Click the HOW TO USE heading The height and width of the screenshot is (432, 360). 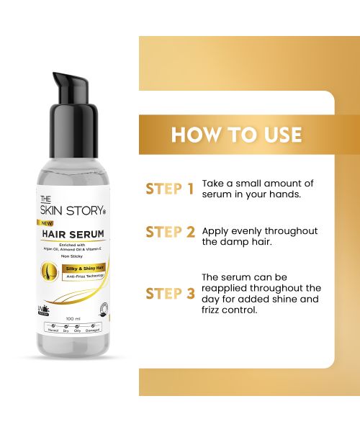click(236, 135)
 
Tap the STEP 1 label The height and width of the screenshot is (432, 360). click(170, 189)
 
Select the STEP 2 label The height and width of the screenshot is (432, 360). click(170, 232)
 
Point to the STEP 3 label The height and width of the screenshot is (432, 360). click(170, 293)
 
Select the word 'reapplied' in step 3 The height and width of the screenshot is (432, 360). click(226, 288)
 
